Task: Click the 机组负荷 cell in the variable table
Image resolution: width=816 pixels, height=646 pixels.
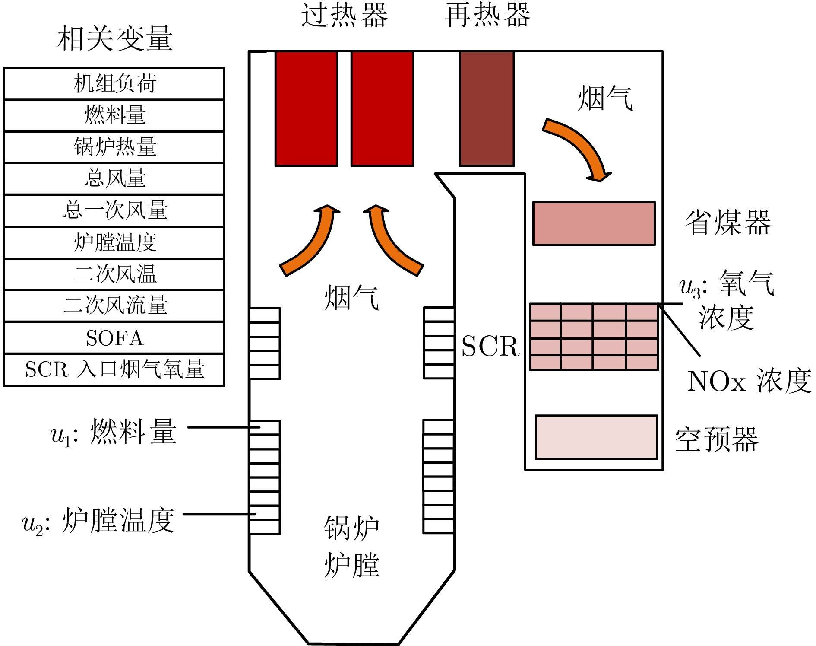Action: pos(114,83)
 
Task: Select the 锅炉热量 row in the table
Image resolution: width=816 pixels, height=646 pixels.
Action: pos(114,147)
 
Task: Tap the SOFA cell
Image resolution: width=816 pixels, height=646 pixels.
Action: pos(114,338)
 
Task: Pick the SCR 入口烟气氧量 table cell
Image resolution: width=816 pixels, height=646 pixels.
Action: pos(114,369)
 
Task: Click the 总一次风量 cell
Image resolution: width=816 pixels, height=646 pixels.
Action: pos(114,210)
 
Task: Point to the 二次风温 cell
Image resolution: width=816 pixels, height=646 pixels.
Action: pos(114,274)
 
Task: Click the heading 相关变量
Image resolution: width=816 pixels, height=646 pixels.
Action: pos(115,38)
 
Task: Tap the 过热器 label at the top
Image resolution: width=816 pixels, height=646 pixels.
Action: pos(344,15)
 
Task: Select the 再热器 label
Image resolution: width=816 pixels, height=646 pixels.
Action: pos(487,15)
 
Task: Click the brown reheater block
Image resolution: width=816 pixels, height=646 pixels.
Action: pos(487,108)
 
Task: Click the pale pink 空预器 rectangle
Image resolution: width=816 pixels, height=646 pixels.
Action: pos(596,437)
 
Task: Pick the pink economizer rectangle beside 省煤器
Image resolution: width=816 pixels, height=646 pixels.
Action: pos(594,223)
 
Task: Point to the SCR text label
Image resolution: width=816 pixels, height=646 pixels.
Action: pos(490,346)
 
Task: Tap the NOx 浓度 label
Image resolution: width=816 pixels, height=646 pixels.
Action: pos(749,381)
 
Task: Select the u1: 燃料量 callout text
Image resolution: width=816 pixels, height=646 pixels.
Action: pos(114,432)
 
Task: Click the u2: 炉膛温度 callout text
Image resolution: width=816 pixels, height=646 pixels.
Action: pos(98,521)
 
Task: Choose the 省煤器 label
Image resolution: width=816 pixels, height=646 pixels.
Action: pos(728,223)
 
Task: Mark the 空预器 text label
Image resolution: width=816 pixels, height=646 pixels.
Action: pos(717,439)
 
